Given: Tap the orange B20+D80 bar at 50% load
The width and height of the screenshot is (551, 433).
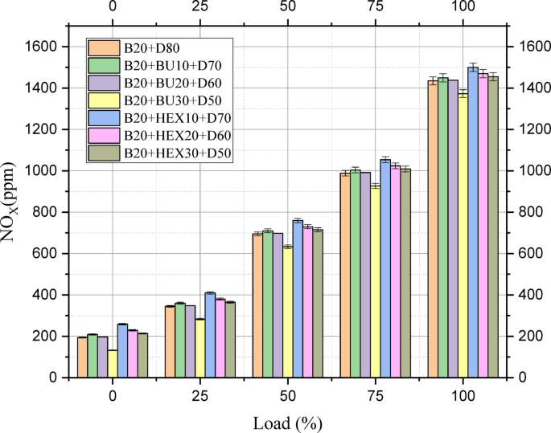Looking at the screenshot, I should (x=257, y=305).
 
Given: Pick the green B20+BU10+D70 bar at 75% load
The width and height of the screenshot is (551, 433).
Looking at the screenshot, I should (x=356, y=273).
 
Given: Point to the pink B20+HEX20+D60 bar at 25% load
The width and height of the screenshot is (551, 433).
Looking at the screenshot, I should (x=220, y=338).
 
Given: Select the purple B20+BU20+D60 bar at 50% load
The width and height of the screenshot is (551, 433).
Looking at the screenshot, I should (x=278, y=305).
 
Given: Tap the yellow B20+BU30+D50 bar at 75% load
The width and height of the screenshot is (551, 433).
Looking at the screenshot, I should (x=375, y=281).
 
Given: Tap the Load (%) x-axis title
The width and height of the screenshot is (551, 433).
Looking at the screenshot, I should (x=287, y=421).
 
